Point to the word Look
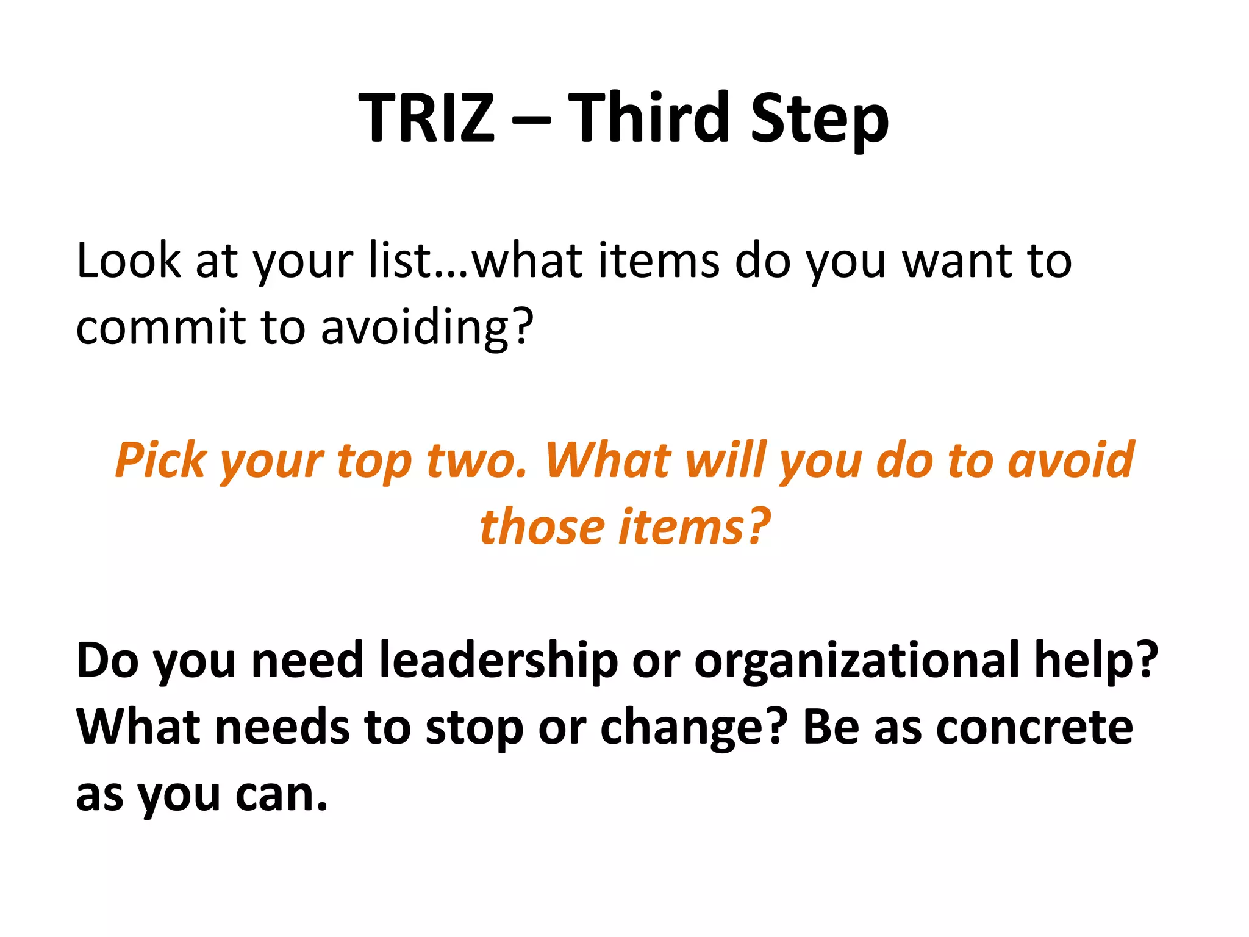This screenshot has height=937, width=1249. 129,261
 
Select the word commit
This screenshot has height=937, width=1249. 160,328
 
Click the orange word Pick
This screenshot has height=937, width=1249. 160,460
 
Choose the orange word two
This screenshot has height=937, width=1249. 476,460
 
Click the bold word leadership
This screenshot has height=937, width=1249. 498,661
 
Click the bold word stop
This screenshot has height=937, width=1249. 474,728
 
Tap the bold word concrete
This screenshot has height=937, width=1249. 1034,728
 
